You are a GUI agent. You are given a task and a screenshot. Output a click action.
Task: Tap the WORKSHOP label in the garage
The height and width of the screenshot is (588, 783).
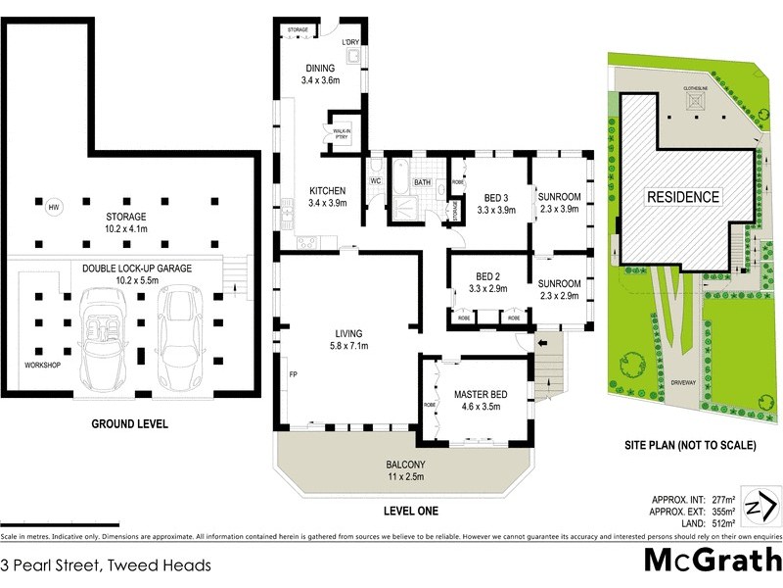(43, 366)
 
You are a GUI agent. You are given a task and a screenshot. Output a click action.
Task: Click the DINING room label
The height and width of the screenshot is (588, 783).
(320, 69)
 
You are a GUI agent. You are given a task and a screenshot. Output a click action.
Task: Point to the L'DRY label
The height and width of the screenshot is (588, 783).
(351, 42)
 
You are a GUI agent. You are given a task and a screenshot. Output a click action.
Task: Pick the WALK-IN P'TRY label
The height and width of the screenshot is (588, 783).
(343, 133)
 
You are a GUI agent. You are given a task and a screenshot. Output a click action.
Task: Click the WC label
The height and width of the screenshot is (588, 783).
(375, 181)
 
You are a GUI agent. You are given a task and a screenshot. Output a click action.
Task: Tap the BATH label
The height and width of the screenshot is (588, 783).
(422, 182)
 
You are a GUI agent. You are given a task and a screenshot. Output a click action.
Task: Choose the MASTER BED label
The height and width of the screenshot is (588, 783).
(478, 395)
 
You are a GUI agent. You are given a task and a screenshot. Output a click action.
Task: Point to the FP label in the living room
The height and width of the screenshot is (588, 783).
(293, 374)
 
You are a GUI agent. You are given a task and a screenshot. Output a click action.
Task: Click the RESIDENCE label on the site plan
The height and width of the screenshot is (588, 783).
(683, 197)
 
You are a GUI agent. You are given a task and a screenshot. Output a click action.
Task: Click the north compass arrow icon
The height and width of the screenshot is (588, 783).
(760, 506)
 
